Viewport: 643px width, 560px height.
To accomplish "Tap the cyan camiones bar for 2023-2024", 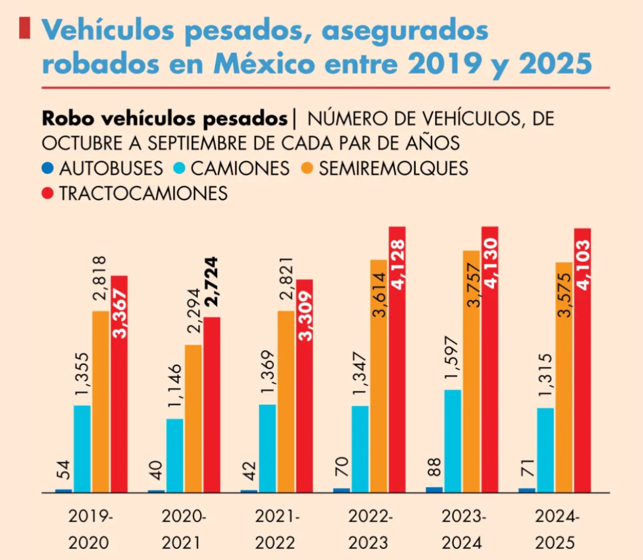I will pos(452,441).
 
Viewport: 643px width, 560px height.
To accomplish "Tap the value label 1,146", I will pos(175,387).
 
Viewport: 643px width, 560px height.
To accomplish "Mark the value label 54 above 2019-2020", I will pos(63,470).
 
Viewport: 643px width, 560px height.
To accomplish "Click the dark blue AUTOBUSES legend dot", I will pos(48,168).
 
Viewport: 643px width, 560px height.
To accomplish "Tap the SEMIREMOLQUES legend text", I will pos(393,168).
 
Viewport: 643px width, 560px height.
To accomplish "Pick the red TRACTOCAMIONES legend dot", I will pos(48,193).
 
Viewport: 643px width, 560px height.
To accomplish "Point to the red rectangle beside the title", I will pos(24,29).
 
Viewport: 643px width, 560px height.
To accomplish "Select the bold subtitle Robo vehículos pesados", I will pos(164,118).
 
